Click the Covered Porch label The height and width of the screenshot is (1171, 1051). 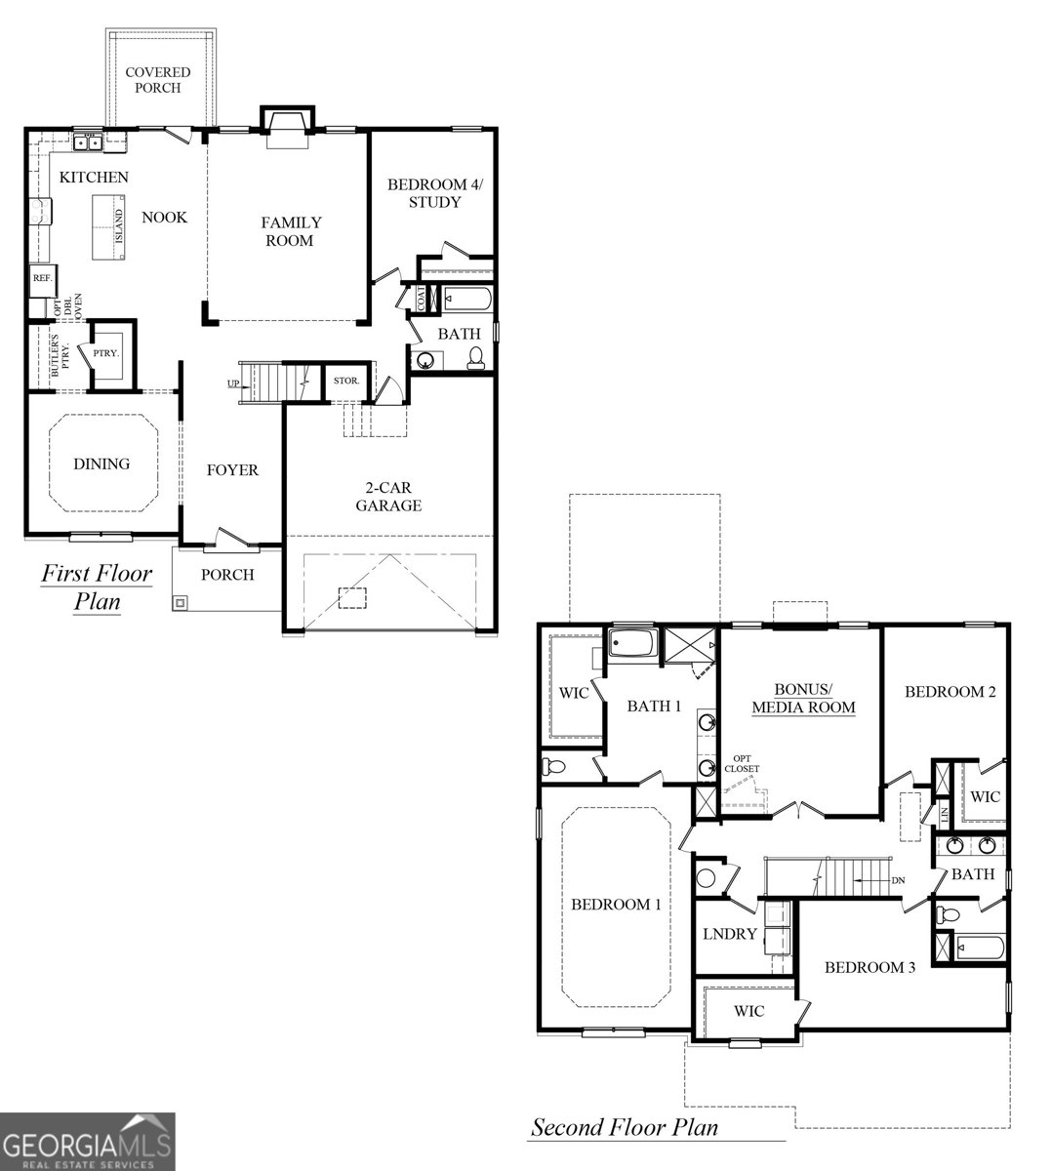[x=157, y=80]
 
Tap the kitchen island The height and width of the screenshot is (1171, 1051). [x=110, y=227]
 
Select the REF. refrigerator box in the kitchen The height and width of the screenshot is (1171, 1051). [x=42, y=278]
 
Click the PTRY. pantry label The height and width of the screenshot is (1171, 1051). [x=105, y=353]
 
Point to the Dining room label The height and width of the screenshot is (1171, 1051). [x=101, y=464]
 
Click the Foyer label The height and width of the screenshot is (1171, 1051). [x=232, y=470]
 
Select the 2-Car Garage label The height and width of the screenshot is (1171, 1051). [x=387, y=496]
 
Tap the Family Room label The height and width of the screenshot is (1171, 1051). [x=290, y=231]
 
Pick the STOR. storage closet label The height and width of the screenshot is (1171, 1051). [x=346, y=381]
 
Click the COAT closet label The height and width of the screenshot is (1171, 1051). [x=422, y=299]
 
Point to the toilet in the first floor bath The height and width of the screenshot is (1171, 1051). [x=473, y=358]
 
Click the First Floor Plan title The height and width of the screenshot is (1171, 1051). [x=97, y=585]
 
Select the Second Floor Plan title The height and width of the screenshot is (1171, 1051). [x=624, y=1128]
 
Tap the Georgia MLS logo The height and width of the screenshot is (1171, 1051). [x=88, y=1142]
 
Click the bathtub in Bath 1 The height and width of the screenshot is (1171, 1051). [x=633, y=644]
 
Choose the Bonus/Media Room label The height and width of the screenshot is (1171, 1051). [x=802, y=698]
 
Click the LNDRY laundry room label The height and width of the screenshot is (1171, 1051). [x=730, y=934]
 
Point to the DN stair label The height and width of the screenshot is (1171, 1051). [x=898, y=881]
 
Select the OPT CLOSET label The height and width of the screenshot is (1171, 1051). [x=741, y=764]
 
